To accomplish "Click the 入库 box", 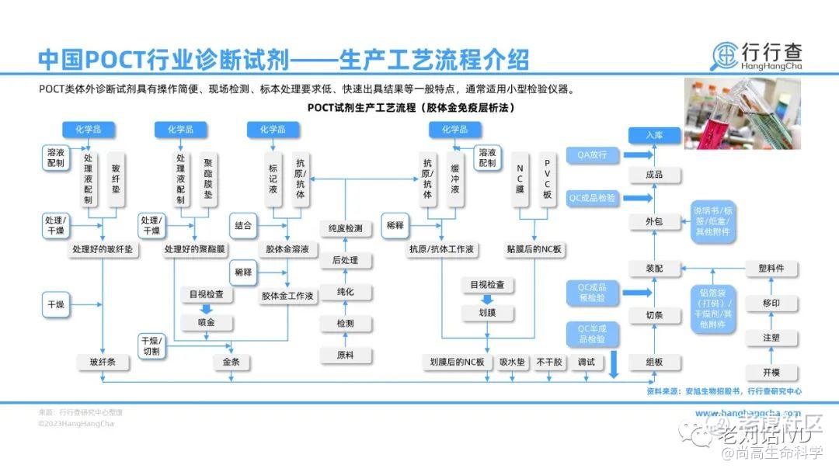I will pos(654,135).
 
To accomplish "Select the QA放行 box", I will pos(592,155).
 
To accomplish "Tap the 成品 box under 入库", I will pos(654,175).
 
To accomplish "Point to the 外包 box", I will pos(654,222).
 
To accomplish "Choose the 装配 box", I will pos(654,269).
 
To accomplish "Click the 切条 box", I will pos(654,315).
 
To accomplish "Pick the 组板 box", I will pos(654,362).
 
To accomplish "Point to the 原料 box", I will pos(345,355).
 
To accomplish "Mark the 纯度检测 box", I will pos(345,228).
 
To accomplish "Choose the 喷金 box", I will pos(207,321).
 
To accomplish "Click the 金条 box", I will pos(231,362).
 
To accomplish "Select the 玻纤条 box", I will pos(103,362).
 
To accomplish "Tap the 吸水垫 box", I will pos(513,362).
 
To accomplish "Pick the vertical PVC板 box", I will pos(547,180).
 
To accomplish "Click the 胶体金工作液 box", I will pos(287,296).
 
